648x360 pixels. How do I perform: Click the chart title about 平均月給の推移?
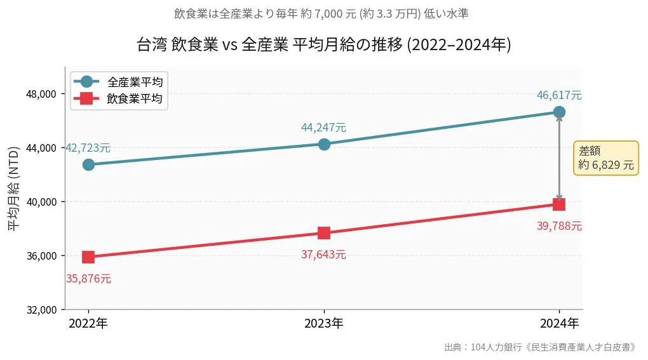coord(324,45)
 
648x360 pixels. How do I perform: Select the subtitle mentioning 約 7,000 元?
coord(324,13)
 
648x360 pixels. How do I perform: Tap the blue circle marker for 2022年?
coord(88,164)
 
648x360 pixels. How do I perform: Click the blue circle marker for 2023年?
coord(324,144)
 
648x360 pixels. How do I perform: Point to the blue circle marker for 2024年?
coord(559,112)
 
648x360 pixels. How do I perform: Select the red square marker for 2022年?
coord(88,257)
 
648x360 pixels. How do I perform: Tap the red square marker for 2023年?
coord(324,233)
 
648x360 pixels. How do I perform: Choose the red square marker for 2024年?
coord(559,204)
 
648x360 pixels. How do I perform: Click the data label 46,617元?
coord(559,96)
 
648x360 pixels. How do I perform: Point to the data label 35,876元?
coord(88,279)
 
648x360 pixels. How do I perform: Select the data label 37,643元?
coord(324,255)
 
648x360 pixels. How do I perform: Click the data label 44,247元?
coord(324,128)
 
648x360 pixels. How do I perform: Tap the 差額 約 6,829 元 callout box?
coord(605,158)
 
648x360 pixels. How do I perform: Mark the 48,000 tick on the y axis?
coord(39,94)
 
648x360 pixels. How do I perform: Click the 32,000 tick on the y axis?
coord(39,310)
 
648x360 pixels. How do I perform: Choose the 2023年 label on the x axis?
coord(324,324)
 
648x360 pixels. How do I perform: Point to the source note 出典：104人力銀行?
coord(539,347)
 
